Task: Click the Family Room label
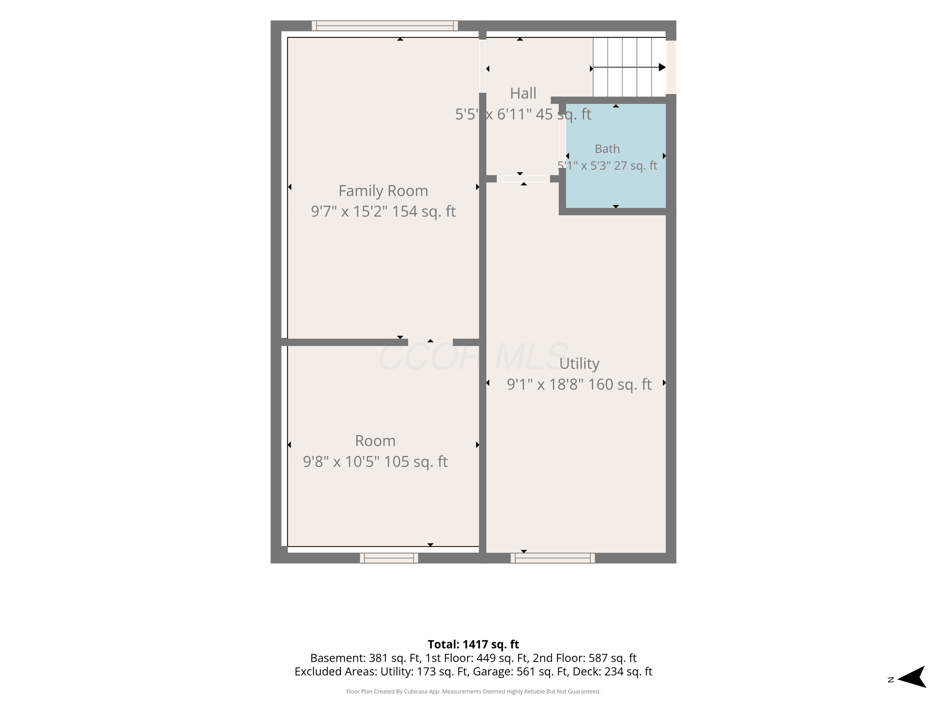(383, 191)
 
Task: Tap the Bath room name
(607, 149)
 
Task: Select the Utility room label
(579, 364)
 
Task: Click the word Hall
(523, 93)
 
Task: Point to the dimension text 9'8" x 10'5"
(341, 462)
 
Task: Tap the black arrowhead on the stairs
(662, 67)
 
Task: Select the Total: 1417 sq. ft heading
(473, 644)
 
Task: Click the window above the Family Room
(385, 26)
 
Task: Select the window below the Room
(389, 558)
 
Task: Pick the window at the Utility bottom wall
(553, 558)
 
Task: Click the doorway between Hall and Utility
(523, 179)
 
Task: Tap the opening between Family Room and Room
(430, 342)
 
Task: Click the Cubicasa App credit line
(473, 691)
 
